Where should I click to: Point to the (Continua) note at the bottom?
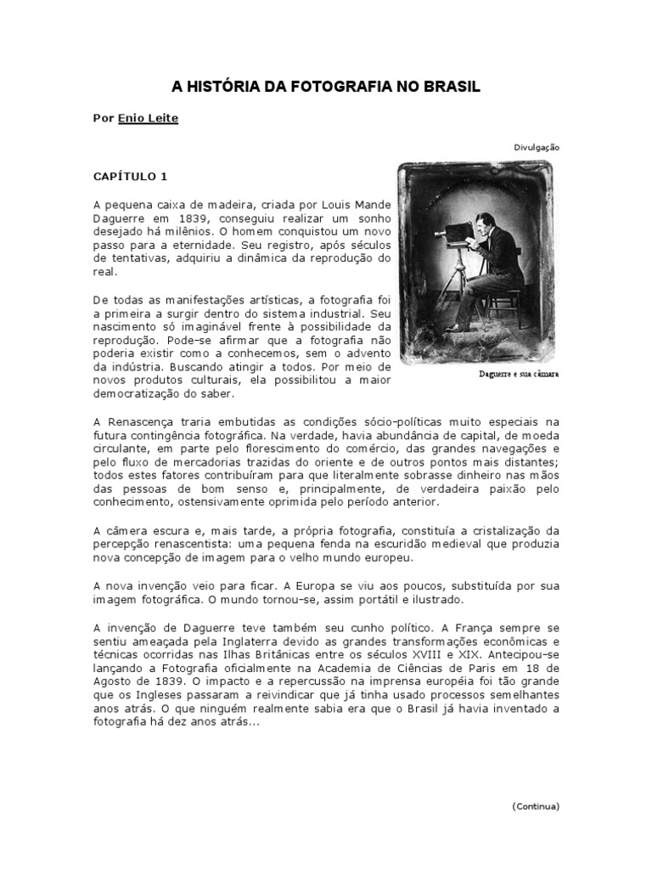(x=536, y=805)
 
